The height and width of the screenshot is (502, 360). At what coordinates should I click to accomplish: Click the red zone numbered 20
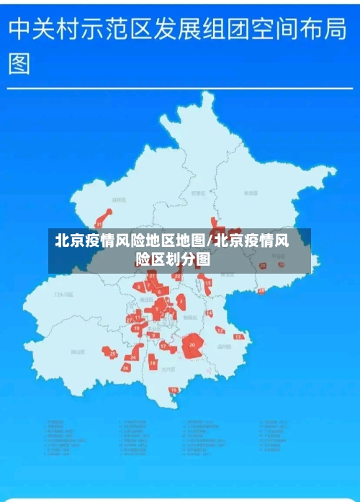[192, 345]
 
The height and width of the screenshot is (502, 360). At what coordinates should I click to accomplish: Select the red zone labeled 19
[172, 390]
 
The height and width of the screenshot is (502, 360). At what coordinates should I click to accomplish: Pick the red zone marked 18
[153, 364]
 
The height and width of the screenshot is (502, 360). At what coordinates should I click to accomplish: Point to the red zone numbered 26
[126, 367]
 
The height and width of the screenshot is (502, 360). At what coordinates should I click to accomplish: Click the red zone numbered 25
[112, 353]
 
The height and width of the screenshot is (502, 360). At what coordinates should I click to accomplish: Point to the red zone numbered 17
[164, 347]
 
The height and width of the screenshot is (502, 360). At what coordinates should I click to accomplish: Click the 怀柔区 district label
[199, 193]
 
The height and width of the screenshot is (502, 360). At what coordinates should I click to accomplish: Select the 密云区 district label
[251, 192]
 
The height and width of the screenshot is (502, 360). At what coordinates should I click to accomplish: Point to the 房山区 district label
[77, 352]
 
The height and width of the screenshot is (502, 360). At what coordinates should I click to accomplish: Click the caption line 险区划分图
[173, 258]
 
